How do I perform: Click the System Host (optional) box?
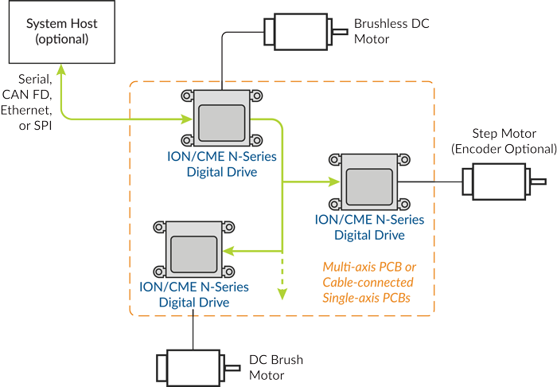point(58,32)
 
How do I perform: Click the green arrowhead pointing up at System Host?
point(60,73)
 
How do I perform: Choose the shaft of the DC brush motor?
point(232,367)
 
